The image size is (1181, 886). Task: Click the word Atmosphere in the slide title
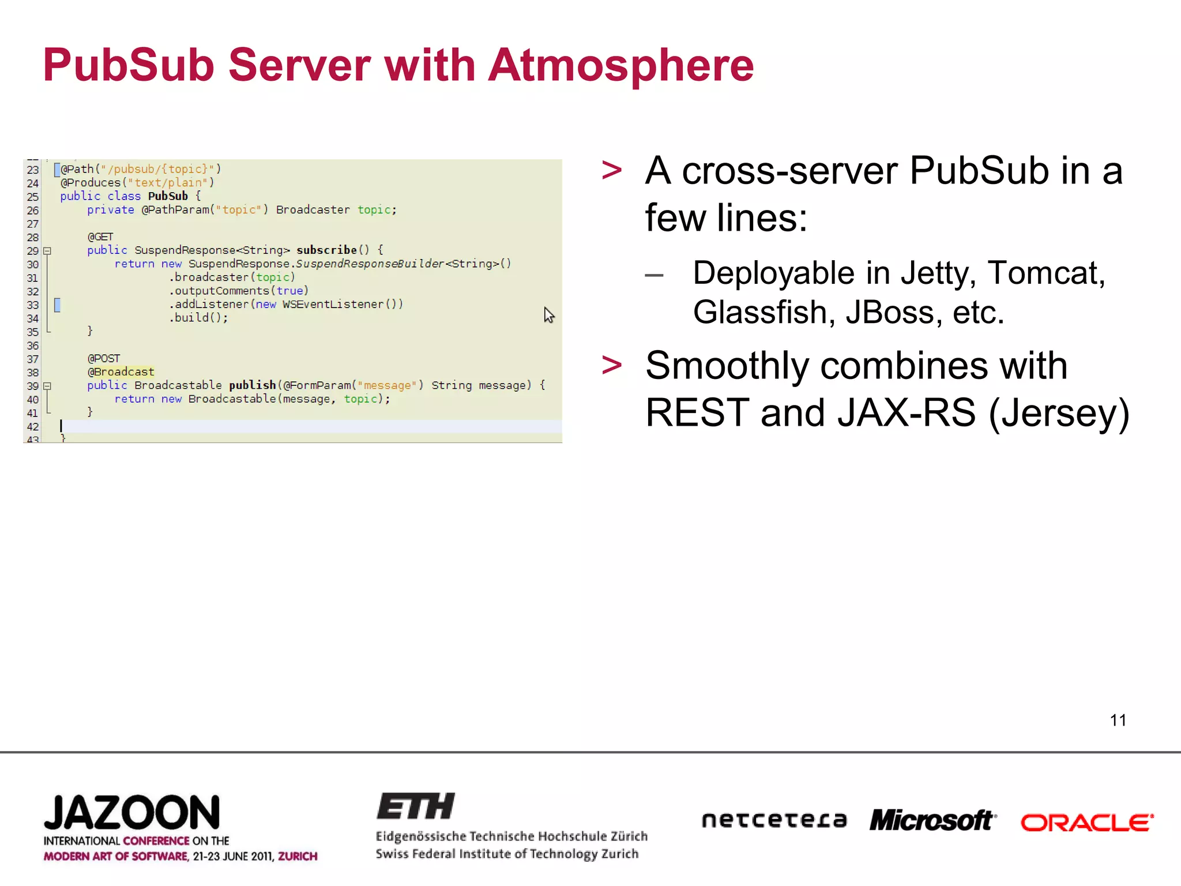click(x=620, y=65)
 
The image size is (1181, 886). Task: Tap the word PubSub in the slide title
click(x=129, y=65)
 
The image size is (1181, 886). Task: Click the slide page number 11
click(x=1118, y=720)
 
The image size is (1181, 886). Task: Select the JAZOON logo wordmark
click(x=132, y=813)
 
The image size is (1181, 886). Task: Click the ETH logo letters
click(x=416, y=806)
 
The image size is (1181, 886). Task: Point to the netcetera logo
click(x=774, y=820)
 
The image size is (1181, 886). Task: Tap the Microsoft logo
click(x=932, y=820)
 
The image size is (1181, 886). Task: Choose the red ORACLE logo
click(x=1086, y=823)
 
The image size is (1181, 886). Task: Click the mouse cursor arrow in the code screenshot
click(x=548, y=315)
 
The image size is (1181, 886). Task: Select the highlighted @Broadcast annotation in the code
click(x=121, y=372)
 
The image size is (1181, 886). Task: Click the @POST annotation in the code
click(x=104, y=358)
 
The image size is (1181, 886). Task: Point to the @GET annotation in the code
click(x=100, y=236)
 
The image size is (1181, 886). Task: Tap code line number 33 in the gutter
click(x=33, y=305)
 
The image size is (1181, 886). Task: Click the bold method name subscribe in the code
click(x=326, y=250)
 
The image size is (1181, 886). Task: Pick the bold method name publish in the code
click(x=253, y=385)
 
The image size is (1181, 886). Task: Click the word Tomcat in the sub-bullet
click(x=1045, y=273)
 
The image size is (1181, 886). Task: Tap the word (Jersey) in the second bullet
click(x=1059, y=413)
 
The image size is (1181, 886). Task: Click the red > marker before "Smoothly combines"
click(x=611, y=365)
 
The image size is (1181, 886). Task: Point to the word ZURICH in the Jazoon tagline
click(x=298, y=856)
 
